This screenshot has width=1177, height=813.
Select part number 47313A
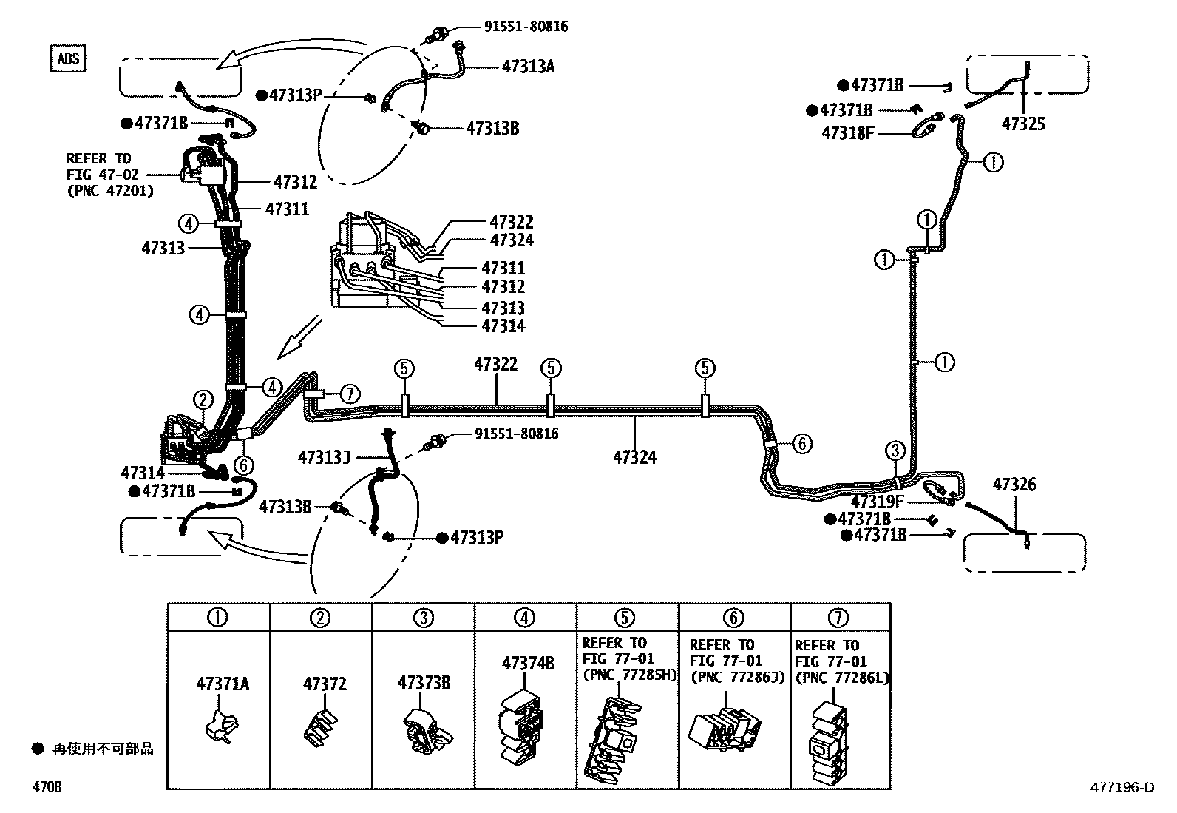tap(528, 67)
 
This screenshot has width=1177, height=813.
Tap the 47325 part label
tap(1023, 124)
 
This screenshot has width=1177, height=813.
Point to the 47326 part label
tap(1014, 485)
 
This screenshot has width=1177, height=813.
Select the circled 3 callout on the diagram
tap(895, 451)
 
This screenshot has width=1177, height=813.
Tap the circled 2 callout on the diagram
tap(203, 400)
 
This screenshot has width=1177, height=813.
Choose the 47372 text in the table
tap(325, 684)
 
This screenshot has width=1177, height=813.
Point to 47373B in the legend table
tap(424, 682)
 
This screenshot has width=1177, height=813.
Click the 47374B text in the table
tap(528, 663)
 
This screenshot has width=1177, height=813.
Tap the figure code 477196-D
tap(1122, 787)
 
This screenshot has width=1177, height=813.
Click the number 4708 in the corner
tap(46, 787)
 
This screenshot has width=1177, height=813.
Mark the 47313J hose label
tap(324, 457)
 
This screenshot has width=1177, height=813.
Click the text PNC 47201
tap(110, 191)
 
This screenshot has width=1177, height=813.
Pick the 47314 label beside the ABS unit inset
tap(503, 326)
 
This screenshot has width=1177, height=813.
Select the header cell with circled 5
tap(625, 617)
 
